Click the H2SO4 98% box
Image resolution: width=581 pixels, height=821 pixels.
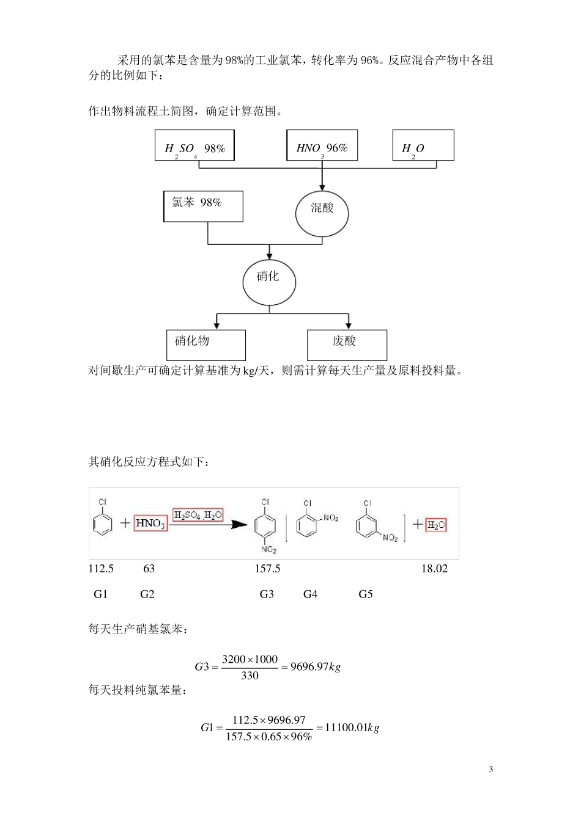pos(194,145)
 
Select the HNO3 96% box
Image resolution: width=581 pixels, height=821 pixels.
pos(322,145)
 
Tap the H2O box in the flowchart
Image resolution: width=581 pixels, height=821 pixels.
pos(423,145)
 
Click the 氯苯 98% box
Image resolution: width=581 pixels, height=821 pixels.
pos(203,206)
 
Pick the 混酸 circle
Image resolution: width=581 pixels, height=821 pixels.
pos(322,211)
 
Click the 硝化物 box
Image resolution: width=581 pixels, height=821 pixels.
pos(206,345)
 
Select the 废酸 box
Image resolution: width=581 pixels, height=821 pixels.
pos(347,345)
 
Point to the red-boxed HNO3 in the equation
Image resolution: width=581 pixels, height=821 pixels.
pos(150,524)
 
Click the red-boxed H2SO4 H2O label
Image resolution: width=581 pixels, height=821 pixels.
pos(198,515)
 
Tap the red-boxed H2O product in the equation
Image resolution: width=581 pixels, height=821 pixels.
pos(436,525)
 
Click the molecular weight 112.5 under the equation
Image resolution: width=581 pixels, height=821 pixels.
pos(101,569)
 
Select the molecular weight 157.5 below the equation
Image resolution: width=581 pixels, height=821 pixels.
pos(267,569)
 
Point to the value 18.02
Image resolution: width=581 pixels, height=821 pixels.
pos(434,569)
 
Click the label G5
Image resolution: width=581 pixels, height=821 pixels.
pos(365,594)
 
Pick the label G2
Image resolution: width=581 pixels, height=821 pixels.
pos(147,594)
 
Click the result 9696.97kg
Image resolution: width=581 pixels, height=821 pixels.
pos(315,666)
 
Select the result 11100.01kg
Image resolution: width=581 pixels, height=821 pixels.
pos(352,728)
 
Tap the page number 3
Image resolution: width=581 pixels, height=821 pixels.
pos(490,769)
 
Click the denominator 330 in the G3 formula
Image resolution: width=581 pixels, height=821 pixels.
pos(250,676)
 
